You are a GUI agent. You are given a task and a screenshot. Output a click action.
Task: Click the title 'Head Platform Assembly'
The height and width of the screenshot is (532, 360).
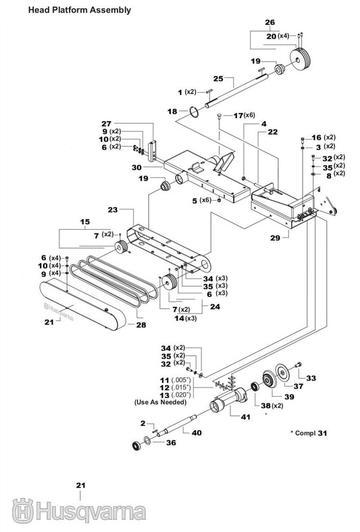pos(70,10)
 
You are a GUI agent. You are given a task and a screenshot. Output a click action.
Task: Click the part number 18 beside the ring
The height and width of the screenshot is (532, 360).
pos(173,111)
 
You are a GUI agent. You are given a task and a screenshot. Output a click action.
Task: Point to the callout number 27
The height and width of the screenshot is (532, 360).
pos(106,123)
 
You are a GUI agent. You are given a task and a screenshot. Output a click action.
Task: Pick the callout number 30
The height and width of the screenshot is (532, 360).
pos(136,167)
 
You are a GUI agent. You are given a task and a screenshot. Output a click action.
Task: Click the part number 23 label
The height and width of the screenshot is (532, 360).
pos(113,210)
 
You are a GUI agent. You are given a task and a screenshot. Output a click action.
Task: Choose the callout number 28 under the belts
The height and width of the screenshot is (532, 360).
pos(141,325)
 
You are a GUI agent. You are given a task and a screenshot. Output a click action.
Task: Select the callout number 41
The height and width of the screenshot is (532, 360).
pos(245,417)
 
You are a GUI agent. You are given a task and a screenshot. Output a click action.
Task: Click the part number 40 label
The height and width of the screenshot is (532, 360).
pos(197,432)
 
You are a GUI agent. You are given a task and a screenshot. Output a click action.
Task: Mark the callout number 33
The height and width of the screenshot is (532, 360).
pos(311,378)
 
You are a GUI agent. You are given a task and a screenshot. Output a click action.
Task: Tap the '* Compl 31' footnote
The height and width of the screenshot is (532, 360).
pos(309,432)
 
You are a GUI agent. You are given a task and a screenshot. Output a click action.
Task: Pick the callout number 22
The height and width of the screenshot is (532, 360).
pos(272,132)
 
